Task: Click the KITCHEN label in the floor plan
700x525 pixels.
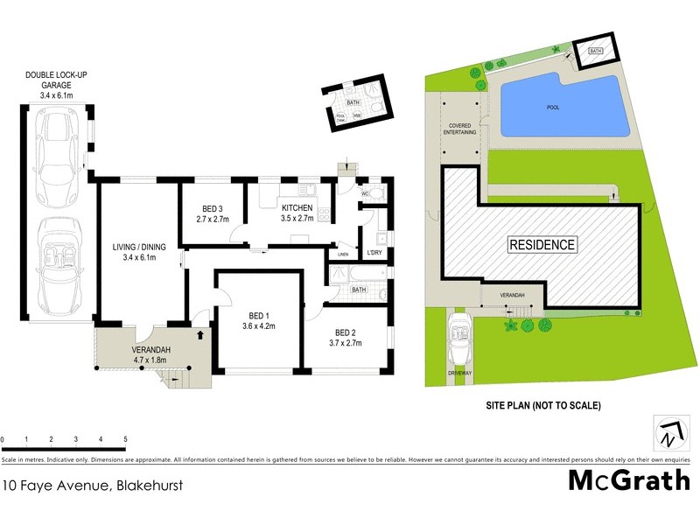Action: (297, 213)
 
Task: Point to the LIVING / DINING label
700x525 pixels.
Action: (140, 252)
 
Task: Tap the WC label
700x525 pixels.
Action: (365, 193)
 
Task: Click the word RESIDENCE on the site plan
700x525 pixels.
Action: (542, 245)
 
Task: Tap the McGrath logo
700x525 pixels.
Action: (629, 480)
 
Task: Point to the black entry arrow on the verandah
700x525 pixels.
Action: (201, 333)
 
